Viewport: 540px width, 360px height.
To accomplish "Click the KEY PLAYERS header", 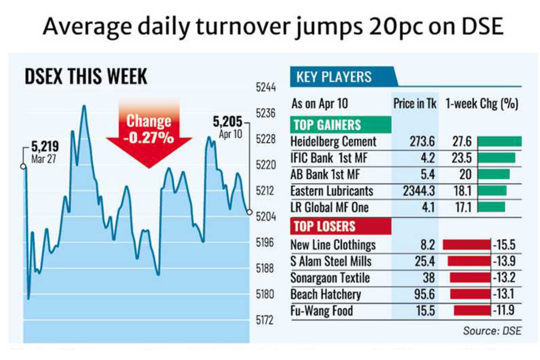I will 334,77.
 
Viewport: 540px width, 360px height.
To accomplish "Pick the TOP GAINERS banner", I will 326,125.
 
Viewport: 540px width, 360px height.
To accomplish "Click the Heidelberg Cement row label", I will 333,142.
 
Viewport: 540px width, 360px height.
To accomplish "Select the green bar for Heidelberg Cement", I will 500,142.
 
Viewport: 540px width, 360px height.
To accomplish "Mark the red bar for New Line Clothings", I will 466,245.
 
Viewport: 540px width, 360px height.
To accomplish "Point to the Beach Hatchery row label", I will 326,295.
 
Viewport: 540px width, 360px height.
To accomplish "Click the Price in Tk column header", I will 415,103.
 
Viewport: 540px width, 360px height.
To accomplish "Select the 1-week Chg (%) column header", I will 482,103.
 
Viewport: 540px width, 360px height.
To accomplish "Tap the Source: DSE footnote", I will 492,331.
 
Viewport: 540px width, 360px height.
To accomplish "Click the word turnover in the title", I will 237,28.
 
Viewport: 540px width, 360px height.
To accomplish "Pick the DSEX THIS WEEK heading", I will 86,77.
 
